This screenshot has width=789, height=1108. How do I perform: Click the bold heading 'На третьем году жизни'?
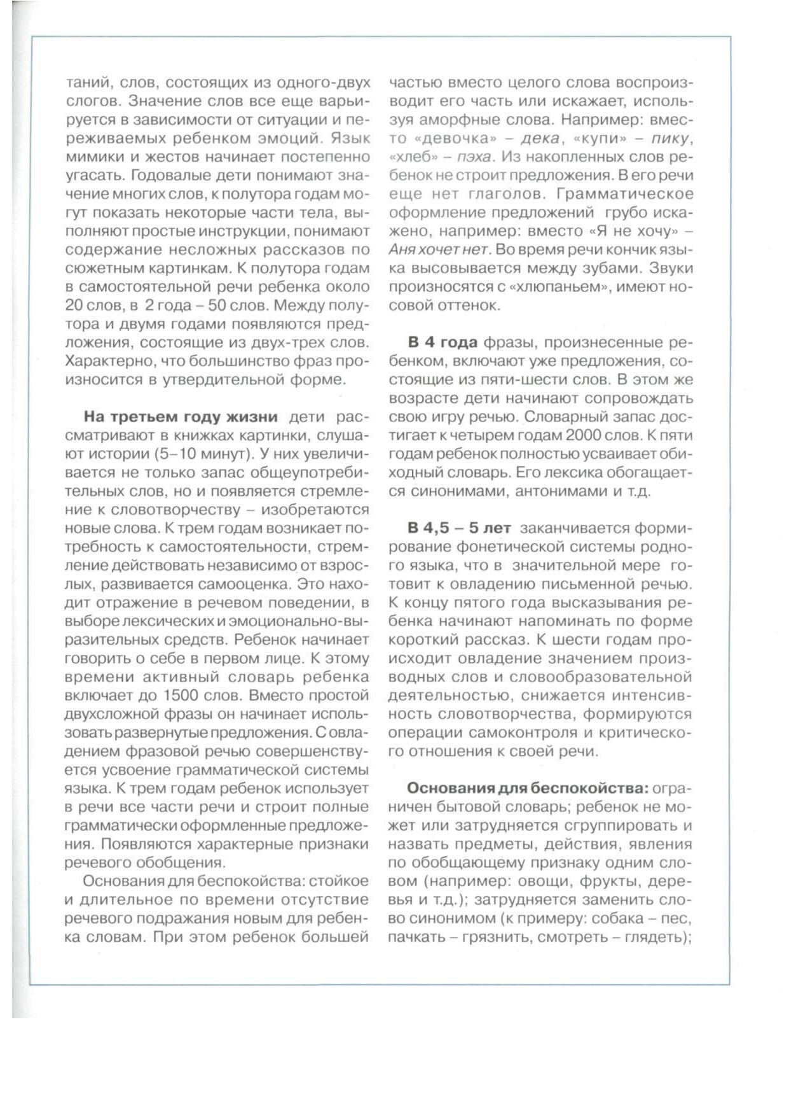[x=181, y=417]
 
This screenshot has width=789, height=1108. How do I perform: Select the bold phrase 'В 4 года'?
[x=443, y=342]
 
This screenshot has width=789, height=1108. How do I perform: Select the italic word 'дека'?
[x=540, y=138]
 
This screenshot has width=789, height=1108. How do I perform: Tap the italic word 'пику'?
[x=670, y=138]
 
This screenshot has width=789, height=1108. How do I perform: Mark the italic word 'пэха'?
[x=477, y=157]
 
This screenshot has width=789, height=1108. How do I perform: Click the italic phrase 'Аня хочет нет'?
[x=439, y=249]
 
